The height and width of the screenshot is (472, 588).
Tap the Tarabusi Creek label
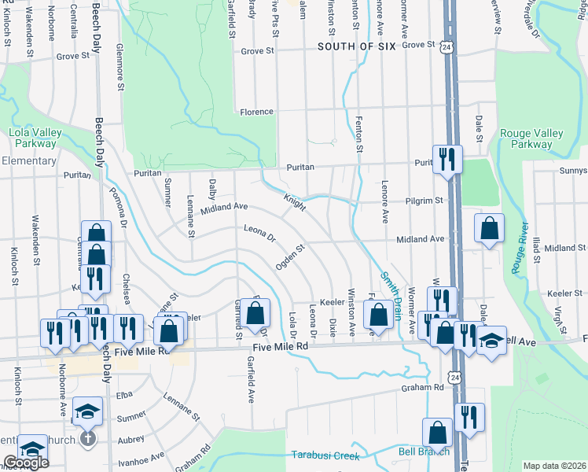click(x=325, y=455)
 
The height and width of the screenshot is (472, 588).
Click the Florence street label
click(x=256, y=112)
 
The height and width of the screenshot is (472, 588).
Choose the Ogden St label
click(x=289, y=256)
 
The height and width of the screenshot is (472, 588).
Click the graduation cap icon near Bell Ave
click(x=491, y=341)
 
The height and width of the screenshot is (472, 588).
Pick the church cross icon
click(x=88, y=437)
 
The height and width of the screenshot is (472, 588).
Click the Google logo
click(x=26, y=463)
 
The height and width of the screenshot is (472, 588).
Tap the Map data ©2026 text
click(x=554, y=466)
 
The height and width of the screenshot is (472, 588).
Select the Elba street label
click(x=125, y=394)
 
